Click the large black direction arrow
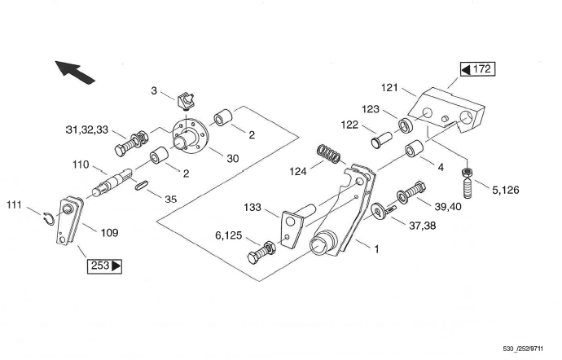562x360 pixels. [75, 72]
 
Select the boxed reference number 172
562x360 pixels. [478, 69]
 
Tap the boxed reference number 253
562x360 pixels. [104, 266]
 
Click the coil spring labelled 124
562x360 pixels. [329, 153]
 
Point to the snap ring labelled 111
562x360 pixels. [48, 218]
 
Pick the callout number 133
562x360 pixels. [252, 207]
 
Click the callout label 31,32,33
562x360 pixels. [87, 130]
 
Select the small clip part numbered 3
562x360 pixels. [186, 101]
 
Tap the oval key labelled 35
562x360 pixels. [141, 185]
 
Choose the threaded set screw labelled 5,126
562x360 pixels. [467, 183]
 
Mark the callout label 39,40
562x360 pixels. [448, 207]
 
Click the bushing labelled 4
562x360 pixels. [414, 148]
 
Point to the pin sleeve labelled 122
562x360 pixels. [382, 140]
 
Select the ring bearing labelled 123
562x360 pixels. [406, 125]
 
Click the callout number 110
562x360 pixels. [81, 165]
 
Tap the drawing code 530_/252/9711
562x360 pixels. [523, 349]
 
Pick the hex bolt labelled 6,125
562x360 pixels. [261, 252]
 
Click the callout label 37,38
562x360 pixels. [423, 226]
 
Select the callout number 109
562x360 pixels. [109, 233]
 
